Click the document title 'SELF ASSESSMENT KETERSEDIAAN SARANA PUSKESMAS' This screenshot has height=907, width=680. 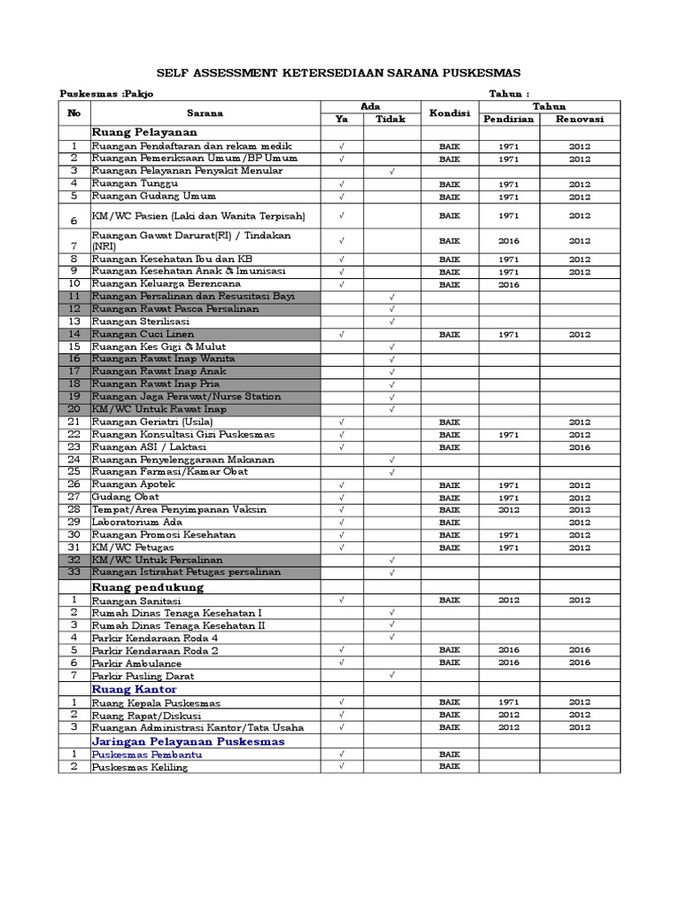[339, 73]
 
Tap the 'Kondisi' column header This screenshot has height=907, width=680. [449, 113]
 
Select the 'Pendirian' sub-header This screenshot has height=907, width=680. [508, 120]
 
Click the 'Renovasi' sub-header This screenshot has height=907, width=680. [580, 120]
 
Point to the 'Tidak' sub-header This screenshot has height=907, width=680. [391, 120]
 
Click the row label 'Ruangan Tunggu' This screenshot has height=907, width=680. [135, 183]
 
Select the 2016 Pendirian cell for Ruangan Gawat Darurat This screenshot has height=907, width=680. [508, 240]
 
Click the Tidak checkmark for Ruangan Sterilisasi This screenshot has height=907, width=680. [391, 322]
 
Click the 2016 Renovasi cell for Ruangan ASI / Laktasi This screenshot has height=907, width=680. [580, 447]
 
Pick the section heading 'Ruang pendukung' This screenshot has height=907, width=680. [148, 586]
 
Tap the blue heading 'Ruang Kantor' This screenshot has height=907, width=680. [134, 688]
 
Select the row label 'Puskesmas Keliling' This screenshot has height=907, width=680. [140, 767]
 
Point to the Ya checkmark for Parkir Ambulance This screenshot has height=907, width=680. [341, 663]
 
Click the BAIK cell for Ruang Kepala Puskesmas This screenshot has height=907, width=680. [449, 702]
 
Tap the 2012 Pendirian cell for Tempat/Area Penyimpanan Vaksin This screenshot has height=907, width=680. [508, 510]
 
